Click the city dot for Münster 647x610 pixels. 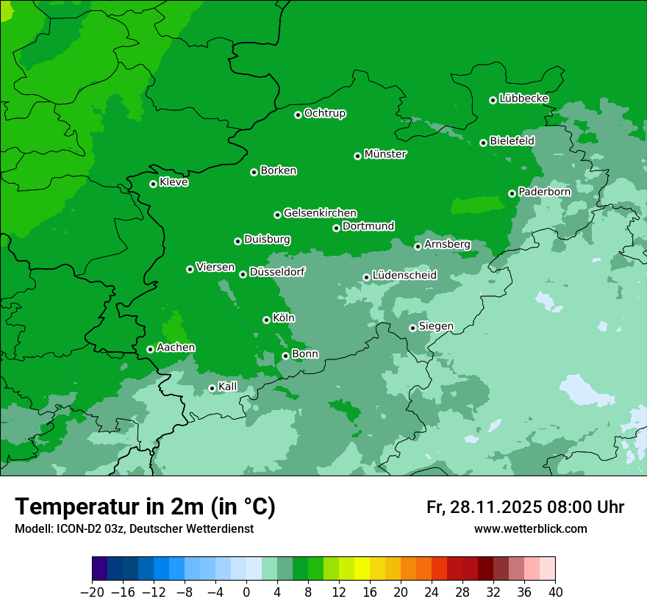(x=358, y=156)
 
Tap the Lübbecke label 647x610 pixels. (x=523, y=98)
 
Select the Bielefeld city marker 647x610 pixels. (x=484, y=143)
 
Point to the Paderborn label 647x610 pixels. (x=544, y=192)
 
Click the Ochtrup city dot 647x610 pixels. (x=299, y=115)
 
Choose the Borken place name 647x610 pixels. (x=278, y=171)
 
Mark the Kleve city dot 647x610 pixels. (x=154, y=184)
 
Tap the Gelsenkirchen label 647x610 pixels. (x=320, y=213)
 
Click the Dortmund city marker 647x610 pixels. (x=337, y=228)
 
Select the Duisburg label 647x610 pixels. (x=267, y=240)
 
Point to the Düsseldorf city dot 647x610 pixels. (x=243, y=274)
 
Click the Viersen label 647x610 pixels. (x=215, y=268)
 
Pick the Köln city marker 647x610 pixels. (x=267, y=320)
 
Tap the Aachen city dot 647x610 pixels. (x=151, y=349)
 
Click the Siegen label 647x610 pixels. (x=436, y=326)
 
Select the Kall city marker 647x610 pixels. (x=212, y=388)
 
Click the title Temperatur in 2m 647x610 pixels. (x=146, y=507)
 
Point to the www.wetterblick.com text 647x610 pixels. (x=530, y=528)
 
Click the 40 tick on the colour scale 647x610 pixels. (x=555, y=592)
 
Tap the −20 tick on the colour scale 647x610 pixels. (x=92, y=592)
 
